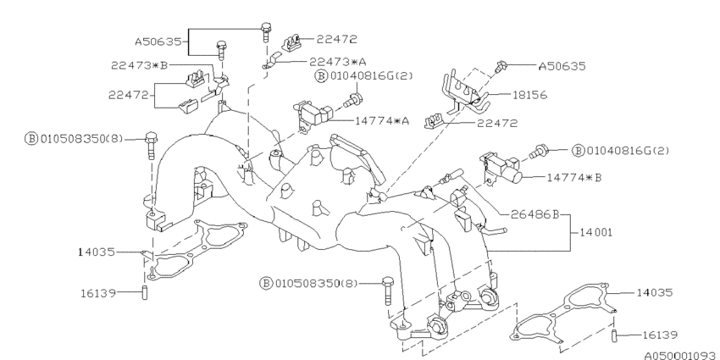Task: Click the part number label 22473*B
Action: pos(140,64)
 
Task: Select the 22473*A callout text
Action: pos(338,61)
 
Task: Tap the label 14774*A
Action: pos(382,120)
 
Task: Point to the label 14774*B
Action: pos(574,178)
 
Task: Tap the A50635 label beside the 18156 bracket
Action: pos(563,64)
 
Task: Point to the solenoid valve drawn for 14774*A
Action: pos(312,115)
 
